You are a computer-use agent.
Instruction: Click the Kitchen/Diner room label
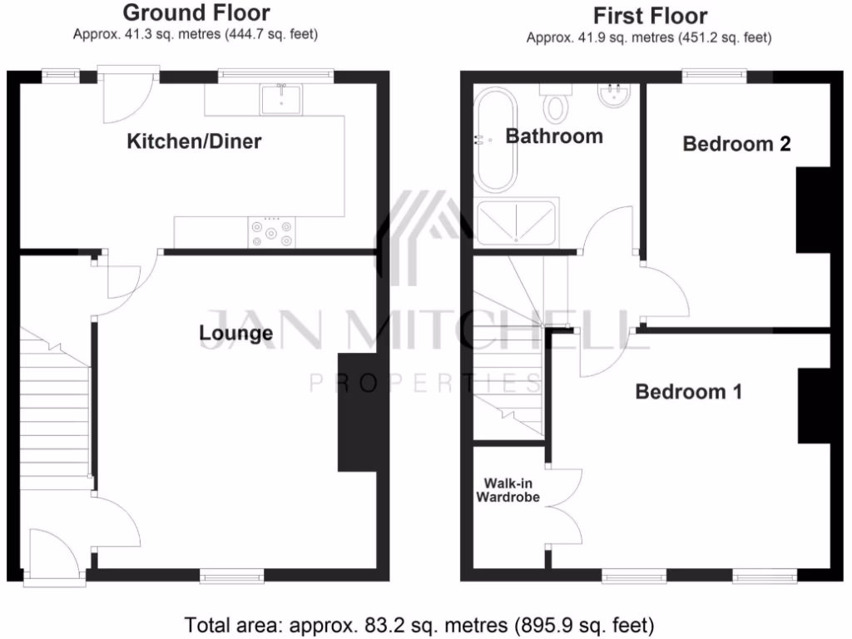coord(194,141)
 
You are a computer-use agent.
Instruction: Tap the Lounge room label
coord(235,334)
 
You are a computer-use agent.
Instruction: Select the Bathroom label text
coord(554,136)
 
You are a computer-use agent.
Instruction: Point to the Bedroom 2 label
coord(736,144)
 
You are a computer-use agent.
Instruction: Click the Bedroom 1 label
coord(688,391)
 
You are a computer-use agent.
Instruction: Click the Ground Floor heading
coord(196,12)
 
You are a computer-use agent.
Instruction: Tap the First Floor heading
coord(650,16)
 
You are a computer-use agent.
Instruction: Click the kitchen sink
coord(282,98)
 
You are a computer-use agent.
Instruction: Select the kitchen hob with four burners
coord(272,231)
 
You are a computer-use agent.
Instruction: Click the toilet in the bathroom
coord(554,105)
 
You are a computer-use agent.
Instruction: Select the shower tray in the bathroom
coord(517,222)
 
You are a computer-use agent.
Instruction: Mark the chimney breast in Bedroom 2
coord(813,210)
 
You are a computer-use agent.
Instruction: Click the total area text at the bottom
coord(419,624)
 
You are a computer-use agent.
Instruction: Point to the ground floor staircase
coord(54,408)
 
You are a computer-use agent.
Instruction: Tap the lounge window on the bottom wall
coord(231,575)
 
